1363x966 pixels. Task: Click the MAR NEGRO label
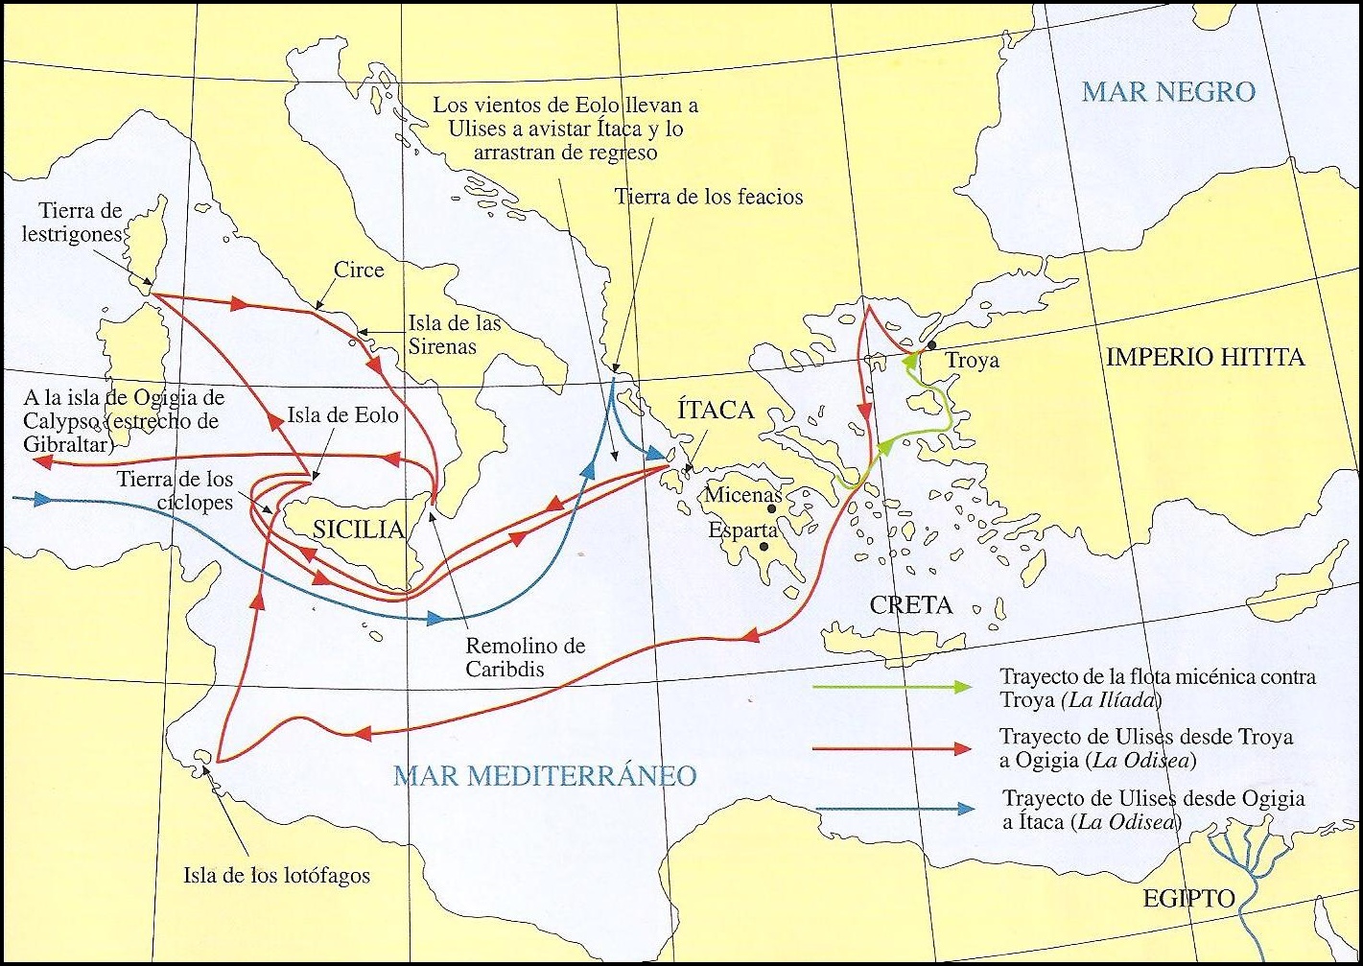point(1168,92)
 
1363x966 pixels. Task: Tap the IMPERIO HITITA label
point(1205,358)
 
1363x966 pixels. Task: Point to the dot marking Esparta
point(764,547)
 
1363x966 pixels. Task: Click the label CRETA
point(910,604)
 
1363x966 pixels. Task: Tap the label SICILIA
point(358,529)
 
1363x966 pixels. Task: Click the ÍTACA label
point(715,411)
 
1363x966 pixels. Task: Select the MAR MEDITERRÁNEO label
point(545,775)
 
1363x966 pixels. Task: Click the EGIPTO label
point(1187,899)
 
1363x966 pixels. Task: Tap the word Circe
point(359,270)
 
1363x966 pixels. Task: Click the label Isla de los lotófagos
point(276,875)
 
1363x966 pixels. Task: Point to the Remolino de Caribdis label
point(525,658)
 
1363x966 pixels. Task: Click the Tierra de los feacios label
point(708,197)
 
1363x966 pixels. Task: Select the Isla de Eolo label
point(342,416)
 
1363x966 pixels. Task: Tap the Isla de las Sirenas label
point(455,335)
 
